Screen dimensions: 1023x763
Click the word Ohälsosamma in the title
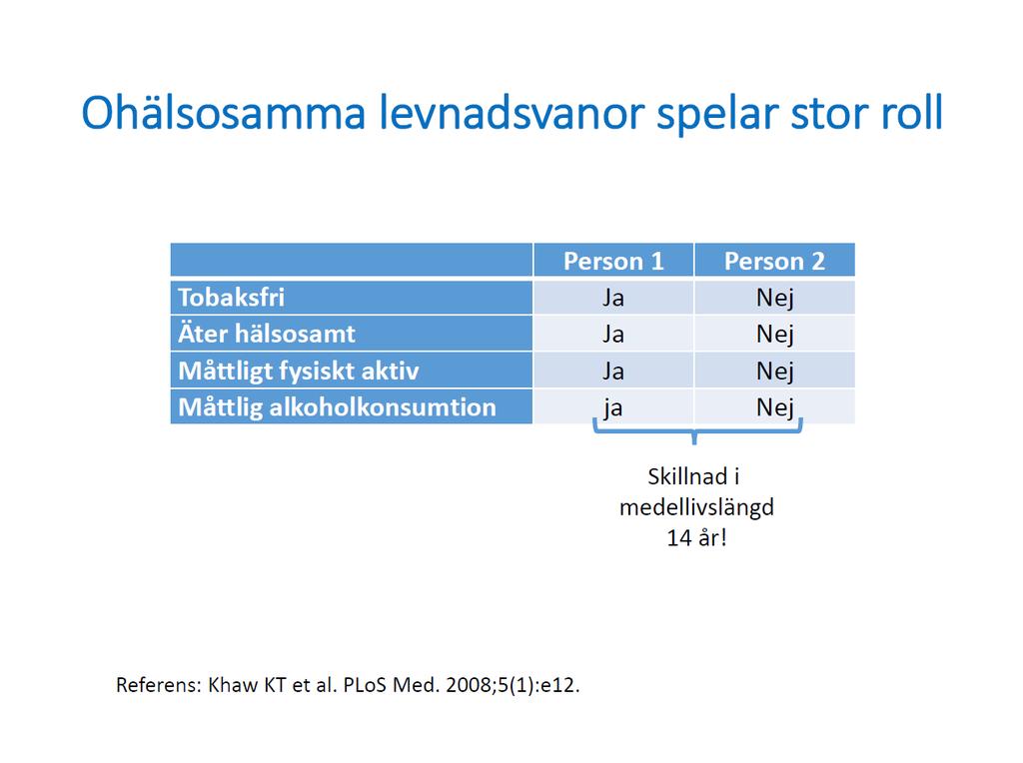pos(223,113)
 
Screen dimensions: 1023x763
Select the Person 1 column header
pos(613,261)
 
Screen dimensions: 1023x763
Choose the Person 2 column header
pos(774,261)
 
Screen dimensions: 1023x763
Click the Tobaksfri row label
pos(232,298)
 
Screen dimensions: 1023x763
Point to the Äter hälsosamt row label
pos(267,334)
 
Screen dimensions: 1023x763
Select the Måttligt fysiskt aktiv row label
pos(299,371)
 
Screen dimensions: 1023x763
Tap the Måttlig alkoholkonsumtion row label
pos(338,406)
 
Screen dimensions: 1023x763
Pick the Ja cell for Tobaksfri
pos(613,298)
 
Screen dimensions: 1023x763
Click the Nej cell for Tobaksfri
pos(775,298)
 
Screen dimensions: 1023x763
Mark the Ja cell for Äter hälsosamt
pos(613,334)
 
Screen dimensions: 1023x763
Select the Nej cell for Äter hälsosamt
pos(775,335)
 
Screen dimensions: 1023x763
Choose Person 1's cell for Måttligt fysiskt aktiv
pos(613,372)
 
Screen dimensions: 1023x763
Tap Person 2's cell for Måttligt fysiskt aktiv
pos(775,372)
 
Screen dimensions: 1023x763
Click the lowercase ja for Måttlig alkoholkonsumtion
pos(613,408)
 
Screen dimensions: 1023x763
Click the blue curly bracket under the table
pos(695,431)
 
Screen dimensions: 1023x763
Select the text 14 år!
pos(696,538)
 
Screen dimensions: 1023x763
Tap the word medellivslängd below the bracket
pos(696,508)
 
